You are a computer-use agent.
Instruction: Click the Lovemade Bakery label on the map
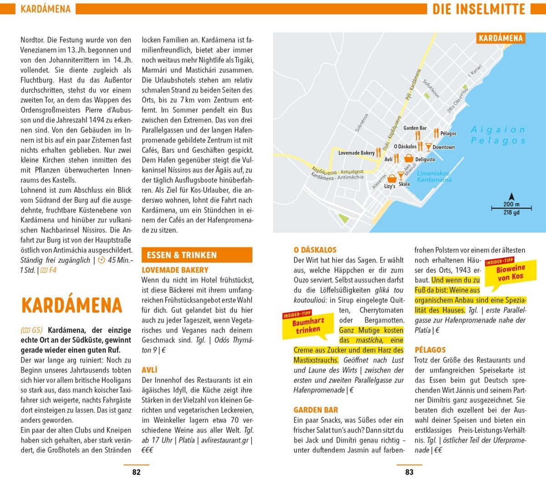click(356, 153)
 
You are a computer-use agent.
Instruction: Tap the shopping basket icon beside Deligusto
click(409, 158)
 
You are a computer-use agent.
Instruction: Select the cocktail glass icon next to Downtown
click(428, 146)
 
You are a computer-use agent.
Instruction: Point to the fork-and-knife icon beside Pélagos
click(436, 133)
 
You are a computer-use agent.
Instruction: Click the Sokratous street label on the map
click(362, 123)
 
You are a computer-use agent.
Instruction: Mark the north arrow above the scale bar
click(511, 197)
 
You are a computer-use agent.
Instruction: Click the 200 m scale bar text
click(511, 205)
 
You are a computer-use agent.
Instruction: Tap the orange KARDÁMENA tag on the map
click(500, 38)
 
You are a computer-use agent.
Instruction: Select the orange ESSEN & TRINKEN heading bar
click(197, 255)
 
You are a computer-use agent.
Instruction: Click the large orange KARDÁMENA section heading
click(71, 305)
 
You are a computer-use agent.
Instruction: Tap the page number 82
click(136, 472)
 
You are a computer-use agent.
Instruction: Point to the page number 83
click(409, 472)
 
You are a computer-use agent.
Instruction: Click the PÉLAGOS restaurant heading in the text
click(430, 350)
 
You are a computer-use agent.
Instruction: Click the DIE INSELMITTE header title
click(479, 9)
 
